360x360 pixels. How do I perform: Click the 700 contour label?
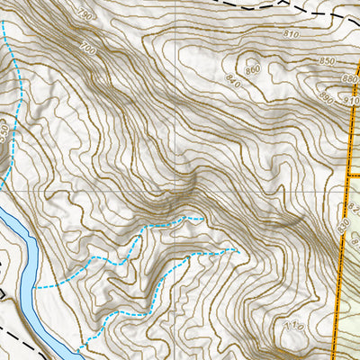tap(87, 46)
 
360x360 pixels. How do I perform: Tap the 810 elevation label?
tap(291, 33)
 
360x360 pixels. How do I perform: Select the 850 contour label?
tap(327, 60)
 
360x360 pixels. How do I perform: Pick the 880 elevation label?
tap(337, 80)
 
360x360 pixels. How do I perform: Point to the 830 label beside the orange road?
tap(343, 228)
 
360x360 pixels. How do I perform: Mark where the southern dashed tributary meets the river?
tap(76, 346)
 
